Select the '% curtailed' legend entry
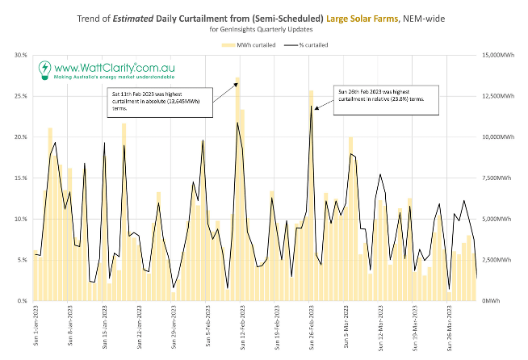pos(312,44)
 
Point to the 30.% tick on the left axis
pos(20,55)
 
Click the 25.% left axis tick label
pos(20,96)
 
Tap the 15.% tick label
pos(20,178)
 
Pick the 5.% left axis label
pos(22,260)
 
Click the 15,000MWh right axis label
pos(505,55)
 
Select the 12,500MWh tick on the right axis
pos(505,96)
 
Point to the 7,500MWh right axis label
pos(503,178)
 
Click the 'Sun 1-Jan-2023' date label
pos(36,328)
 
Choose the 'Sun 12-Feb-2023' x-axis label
pos(242,328)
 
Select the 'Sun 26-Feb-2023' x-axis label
pos(311,328)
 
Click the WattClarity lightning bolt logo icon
pos(44,71)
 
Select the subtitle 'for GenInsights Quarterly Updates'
pos(264,30)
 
